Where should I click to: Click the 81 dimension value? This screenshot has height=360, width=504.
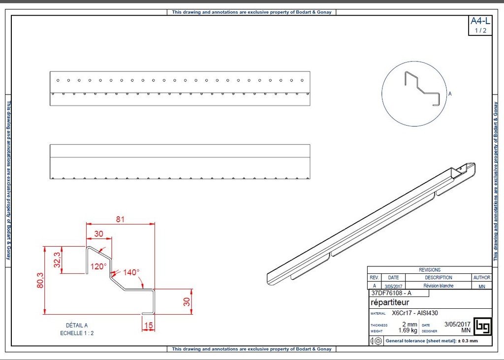(120, 220)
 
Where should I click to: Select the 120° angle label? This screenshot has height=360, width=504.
(98, 266)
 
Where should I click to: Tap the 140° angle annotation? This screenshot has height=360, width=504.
(131, 272)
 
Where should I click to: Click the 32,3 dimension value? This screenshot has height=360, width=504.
(57, 260)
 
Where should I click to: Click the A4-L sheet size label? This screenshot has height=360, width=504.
(480, 21)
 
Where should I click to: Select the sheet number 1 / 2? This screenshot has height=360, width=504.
(480, 31)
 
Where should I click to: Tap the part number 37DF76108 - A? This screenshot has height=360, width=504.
(391, 293)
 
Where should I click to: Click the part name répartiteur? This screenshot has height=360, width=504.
(389, 302)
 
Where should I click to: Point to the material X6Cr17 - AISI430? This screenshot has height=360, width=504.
(415, 313)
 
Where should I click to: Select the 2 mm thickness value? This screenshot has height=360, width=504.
(409, 325)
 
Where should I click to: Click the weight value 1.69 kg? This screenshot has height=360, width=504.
(408, 330)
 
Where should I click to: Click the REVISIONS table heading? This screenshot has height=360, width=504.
(430, 270)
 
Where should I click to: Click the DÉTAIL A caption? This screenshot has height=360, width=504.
(77, 326)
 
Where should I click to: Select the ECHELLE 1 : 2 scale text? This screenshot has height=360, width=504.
(77, 333)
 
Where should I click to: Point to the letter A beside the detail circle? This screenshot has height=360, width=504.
(450, 94)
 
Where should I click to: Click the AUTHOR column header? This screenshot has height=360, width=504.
(481, 278)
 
